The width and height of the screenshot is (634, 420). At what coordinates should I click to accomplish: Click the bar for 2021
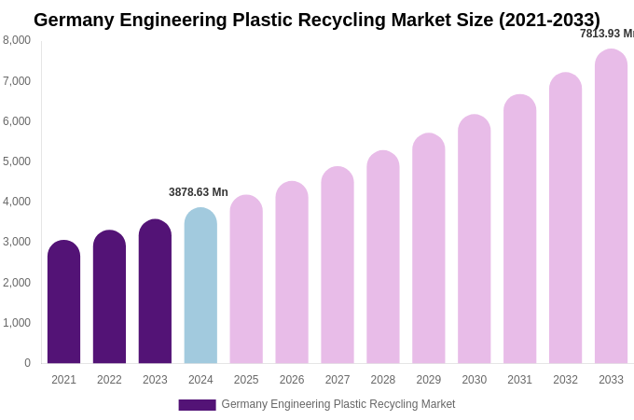tap(63, 302)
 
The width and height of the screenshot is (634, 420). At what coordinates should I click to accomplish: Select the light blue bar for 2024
tap(200, 286)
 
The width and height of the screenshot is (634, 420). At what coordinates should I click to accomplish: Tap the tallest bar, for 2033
tap(611, 206)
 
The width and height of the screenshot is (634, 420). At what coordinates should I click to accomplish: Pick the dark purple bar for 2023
tap(155, 291)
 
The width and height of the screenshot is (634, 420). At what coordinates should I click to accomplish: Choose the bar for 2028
tap(382, 258)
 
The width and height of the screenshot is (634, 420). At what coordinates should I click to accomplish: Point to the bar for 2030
tap(474, 239)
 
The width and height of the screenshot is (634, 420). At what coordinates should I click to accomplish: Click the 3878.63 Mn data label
tap(198, 192)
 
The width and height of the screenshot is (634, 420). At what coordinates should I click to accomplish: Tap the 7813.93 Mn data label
tap(606, 34)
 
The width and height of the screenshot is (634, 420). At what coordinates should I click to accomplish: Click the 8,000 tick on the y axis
tap(17, 40)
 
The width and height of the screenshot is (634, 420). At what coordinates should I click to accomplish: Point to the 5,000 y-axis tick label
tap(17, 161)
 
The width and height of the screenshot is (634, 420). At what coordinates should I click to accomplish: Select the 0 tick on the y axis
tap(27, 363)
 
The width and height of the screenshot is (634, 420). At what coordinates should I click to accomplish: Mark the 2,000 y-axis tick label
tap(17, 283)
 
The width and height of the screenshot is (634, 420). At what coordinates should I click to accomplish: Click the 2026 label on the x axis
tap(292, 380)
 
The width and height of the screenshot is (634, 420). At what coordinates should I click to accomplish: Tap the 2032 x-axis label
tap(565, 380)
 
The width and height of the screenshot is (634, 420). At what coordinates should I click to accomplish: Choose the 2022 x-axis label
tap(109, 380)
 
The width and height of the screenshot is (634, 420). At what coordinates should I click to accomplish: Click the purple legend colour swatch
tap(197, 405)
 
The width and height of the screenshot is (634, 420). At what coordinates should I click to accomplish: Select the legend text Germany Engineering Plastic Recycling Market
tap(338, 404)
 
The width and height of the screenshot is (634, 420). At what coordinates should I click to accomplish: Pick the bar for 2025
tap(246, 280)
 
